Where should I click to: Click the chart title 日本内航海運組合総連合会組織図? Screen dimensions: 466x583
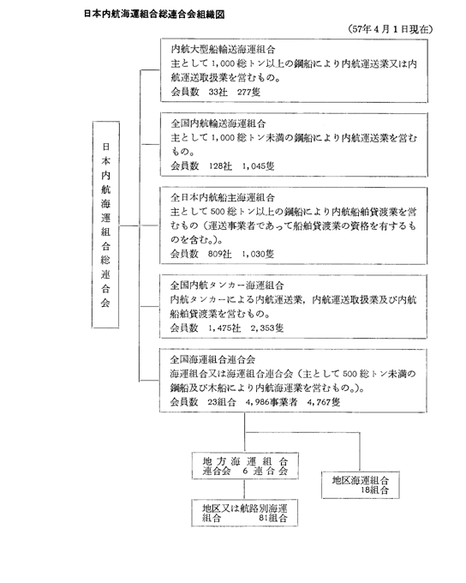point(154,14)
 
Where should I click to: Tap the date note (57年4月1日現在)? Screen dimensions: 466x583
point(391,29)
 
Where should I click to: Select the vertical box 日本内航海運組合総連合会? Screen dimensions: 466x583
point(106,225)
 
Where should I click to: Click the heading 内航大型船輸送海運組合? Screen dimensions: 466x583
point(223,49)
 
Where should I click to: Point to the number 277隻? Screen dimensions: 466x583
point(248,92)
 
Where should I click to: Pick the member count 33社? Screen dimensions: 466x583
point(218,92)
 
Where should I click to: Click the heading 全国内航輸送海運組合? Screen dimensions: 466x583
point(218,123)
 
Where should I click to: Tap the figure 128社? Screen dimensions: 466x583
point(220,165)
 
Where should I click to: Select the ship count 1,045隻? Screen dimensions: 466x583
point(258,165)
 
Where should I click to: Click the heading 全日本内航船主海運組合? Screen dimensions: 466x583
point(223,197)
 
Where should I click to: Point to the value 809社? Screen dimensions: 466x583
point(219,254)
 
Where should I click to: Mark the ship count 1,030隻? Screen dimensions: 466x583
point(258,254)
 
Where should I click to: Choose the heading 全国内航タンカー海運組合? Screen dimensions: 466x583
point(227,285)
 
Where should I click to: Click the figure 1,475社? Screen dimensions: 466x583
point(224,328)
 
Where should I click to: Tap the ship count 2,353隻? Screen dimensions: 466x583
point(266,328)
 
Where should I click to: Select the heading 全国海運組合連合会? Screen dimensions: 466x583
point(213,359)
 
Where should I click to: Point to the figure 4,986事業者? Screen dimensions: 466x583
point(272,402)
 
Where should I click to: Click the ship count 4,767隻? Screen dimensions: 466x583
point(324,402)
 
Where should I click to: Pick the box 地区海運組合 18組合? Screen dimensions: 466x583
point(361,485)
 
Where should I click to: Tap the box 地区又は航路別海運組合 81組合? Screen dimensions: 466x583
point(244,513)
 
